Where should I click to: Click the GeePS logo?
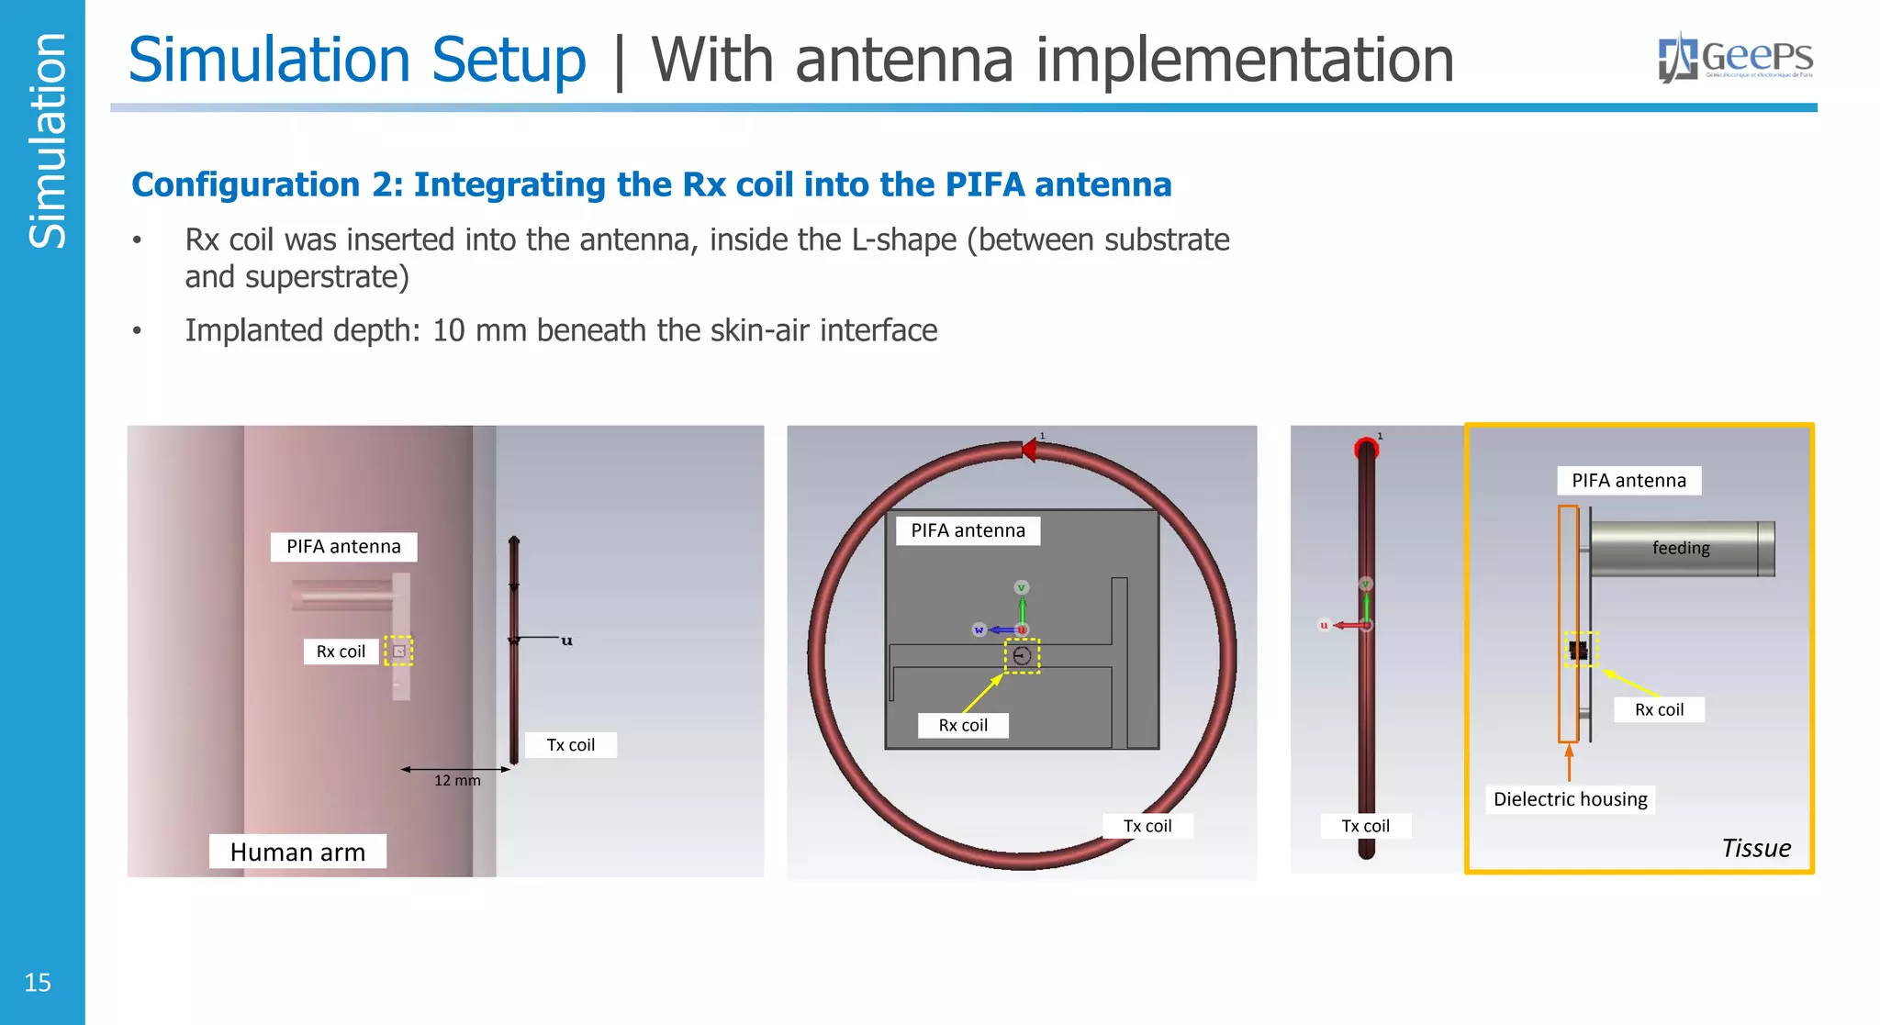point(1735,58)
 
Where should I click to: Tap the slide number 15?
point(38,983)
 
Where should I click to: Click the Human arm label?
point(297,852)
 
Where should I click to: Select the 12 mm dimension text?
point(457,781)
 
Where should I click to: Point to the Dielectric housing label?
point(1570,799)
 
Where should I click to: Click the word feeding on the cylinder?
point(1681,548)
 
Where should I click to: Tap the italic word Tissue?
point(1755,848)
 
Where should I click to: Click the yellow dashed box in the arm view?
point(398,651)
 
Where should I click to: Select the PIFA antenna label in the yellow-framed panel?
point(1628,481)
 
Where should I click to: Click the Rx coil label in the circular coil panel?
point(963,725)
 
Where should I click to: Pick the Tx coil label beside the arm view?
point(570,745)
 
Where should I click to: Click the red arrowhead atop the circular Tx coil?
point(1029,450)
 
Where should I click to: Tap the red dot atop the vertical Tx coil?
point(1366,449)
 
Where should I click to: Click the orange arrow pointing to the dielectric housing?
point(1569,762)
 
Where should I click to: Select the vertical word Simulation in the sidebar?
point(47,140)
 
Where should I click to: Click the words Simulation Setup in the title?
point(357,60)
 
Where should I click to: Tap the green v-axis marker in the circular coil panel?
point(1021,587)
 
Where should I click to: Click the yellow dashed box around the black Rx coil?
point(1581,650)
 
